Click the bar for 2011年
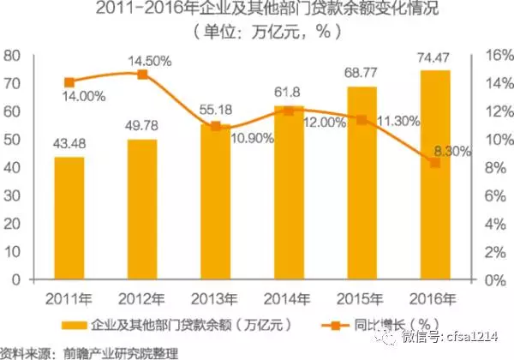[69, 219]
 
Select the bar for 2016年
[434, 175]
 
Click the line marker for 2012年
[142, 75]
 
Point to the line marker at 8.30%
[434, 163]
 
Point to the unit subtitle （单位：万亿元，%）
[256, 33]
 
